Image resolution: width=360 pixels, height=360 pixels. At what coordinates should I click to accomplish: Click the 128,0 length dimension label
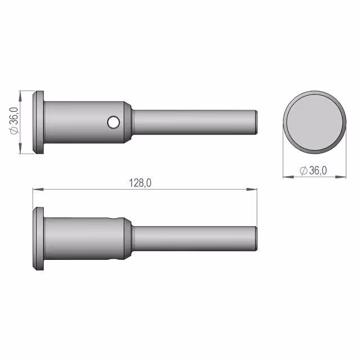(140, 183)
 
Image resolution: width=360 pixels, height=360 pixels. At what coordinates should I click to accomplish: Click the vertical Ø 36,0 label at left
(14, 121)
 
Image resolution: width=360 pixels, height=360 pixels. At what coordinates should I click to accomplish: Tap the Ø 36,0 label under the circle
(313, 170)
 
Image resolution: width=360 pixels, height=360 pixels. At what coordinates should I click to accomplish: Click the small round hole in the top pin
(114, 122)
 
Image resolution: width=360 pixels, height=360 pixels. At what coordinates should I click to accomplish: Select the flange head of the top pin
(38, 122)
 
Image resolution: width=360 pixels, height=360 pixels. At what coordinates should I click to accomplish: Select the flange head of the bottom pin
(38, 238)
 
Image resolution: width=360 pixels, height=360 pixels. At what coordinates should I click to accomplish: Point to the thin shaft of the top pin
(195, 122)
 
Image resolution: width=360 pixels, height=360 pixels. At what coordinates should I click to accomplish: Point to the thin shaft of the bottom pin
(195, 238)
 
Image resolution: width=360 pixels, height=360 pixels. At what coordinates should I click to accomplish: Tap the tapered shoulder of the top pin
(128, 122)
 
